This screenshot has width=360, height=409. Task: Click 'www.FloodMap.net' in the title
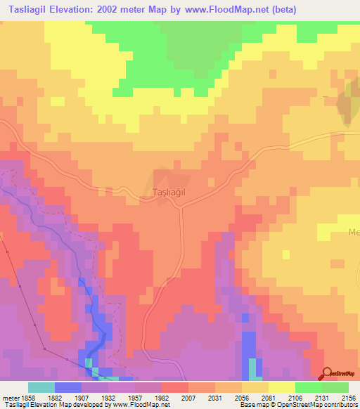(x=218, y=10)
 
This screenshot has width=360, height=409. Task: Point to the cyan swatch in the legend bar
(x=41, y=387)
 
